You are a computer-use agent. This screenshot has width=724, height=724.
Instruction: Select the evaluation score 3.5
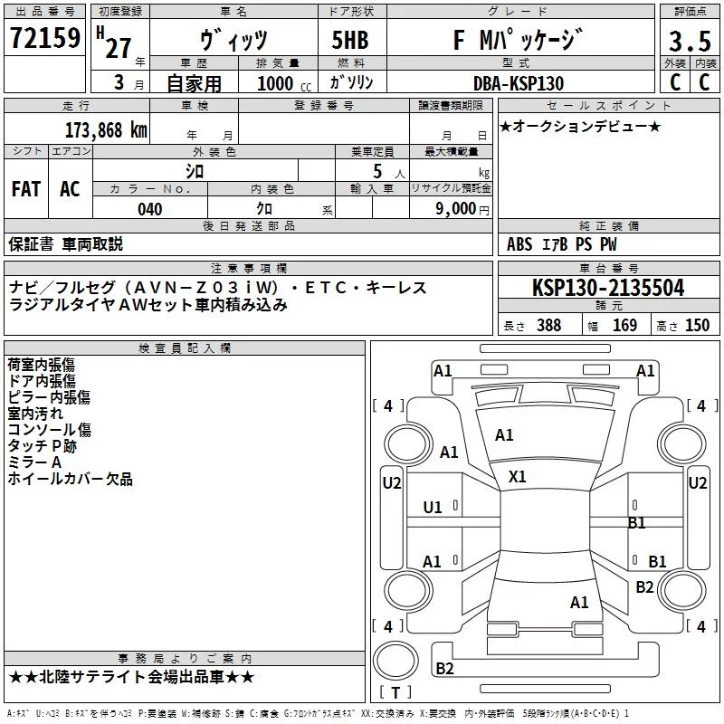(x=688, y=42)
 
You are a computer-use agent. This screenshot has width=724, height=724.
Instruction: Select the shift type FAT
(x=25, y=188)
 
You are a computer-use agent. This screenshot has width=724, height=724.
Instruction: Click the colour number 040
(x=149, y=209)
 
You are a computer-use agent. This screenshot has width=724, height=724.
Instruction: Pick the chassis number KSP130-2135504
(x=608, y=288)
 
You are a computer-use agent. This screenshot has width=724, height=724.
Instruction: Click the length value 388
(x=548, y=325)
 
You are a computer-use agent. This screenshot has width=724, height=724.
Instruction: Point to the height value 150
(x=697, y=325)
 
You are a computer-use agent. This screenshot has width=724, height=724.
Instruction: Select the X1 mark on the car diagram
(x=518, y=476)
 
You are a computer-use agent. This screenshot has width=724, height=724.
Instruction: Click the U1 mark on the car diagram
(x=433, y=507)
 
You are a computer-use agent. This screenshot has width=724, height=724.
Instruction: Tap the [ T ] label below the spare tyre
(x=395, y=692)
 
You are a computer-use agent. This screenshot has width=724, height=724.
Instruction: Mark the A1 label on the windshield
(x=504, y=435)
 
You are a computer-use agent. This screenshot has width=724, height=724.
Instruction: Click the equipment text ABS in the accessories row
(x=519, y=244)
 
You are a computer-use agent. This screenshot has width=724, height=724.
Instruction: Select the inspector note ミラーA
(x=34, y=462)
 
